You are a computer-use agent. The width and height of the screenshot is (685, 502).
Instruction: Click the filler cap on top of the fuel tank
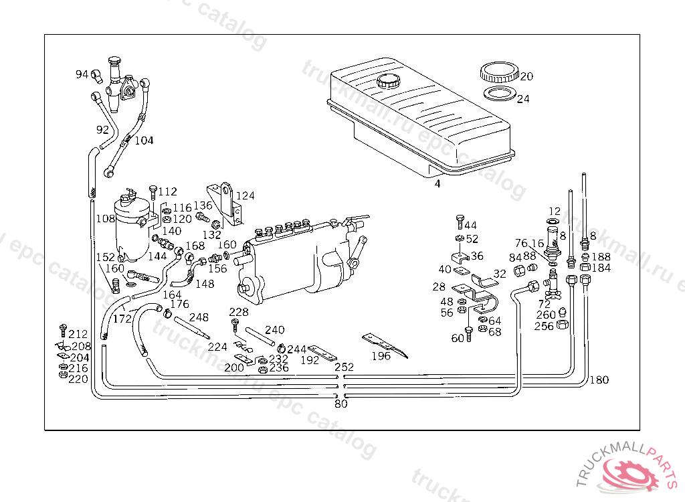pos(387,82)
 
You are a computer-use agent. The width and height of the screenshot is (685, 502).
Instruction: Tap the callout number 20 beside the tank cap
pos(526,76)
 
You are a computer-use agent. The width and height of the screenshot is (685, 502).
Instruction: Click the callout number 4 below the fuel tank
pos(437,183)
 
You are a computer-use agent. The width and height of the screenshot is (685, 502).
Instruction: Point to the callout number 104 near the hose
pos(144,141)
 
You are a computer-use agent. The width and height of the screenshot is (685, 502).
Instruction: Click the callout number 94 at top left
pos(82,74)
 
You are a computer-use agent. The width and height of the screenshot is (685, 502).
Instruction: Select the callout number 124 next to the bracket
pos(246,196)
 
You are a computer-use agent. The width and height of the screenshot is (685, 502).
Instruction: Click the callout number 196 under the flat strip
pos(381,356)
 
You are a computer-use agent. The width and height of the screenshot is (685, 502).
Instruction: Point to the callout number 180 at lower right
pos(599,380)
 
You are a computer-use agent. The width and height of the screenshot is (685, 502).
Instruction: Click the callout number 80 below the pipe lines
pos(341,404)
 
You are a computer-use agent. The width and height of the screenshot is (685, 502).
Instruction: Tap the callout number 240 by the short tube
pos(274,330)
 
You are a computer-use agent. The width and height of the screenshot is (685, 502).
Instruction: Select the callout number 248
pos(199,317)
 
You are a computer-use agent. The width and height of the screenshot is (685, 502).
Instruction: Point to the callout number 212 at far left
pos(78,334)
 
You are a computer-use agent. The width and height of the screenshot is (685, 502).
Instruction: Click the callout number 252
pos(344,367)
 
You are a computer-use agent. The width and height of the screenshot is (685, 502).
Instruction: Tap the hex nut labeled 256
pos(563,326)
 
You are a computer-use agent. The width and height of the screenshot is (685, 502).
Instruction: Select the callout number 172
pos(122,319)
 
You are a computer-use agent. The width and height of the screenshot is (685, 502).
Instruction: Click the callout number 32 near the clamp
pos(500,274)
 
